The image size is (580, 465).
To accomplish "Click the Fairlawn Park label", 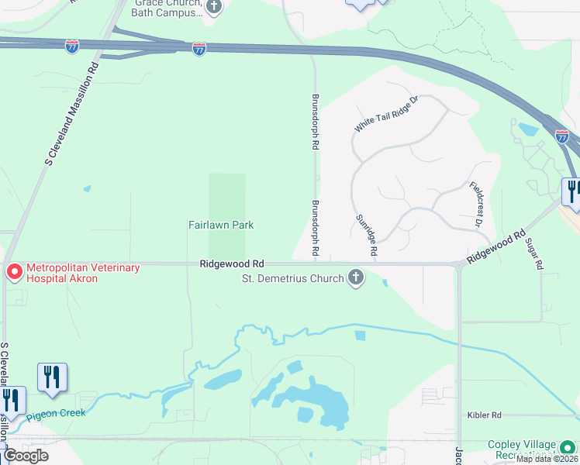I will [221, 226].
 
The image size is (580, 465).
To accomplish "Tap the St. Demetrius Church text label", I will [292, 278].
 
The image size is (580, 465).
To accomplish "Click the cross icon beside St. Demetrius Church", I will [356, 277].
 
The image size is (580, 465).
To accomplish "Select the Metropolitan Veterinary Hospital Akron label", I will [83, 273].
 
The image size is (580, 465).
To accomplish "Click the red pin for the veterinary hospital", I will [14, 272].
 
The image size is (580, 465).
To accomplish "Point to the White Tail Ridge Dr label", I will [385, 114].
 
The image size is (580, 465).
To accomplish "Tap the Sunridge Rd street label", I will [366, 236].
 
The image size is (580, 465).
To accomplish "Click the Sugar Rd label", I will [533, 253].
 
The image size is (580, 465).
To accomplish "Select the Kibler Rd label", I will [485, 415].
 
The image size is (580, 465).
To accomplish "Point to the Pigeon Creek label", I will [56, 414].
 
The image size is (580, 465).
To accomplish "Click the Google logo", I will [26, 455].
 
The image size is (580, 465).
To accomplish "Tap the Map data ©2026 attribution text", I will [545, 459].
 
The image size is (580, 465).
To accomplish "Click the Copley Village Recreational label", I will [521, 449].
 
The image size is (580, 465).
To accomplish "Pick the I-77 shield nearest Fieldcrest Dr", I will [562, 136].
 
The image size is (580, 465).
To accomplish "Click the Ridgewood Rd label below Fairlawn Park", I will [232, 264].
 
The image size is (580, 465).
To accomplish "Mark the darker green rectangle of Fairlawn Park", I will [227, 198].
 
